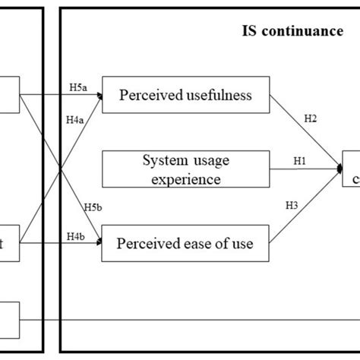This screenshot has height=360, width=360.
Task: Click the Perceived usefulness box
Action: (x=186, y=96)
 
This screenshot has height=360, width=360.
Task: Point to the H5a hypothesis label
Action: (x=79, y=88)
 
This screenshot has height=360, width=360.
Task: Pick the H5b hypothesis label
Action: (x=93, y=206)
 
